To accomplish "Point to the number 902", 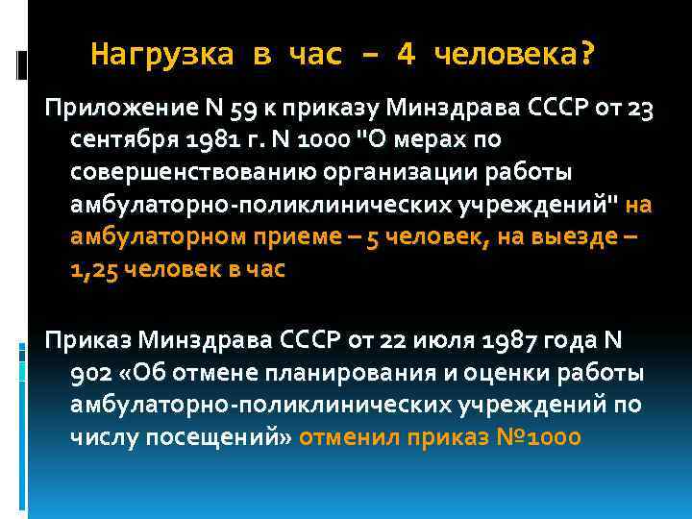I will click(x=91, y=373).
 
